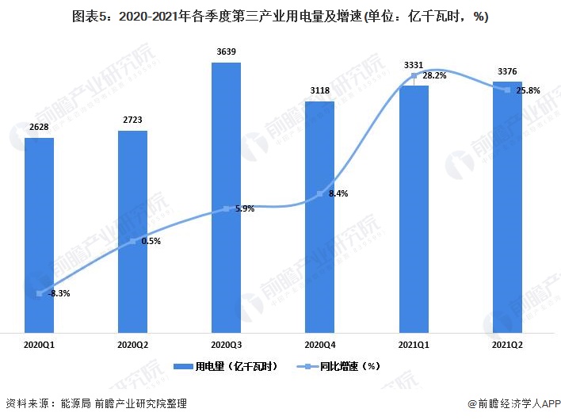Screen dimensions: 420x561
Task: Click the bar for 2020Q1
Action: click(x=39, y=234)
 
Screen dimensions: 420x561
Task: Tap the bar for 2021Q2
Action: click(x=507, y=206)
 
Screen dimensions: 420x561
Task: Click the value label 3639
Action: click(x=226, y=52)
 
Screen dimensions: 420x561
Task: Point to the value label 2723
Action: click(x=132, y=120)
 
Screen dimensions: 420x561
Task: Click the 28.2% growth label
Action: click(x=433, y=76)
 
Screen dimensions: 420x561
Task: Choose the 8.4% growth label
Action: click(x=338, y=193)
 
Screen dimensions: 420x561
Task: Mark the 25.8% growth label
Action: click(x=529, y=90)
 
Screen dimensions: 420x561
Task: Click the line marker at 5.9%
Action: click(x=226, y=208)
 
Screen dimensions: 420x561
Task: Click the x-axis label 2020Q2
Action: click(x=132, y=345)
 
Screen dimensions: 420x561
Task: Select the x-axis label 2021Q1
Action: click(x=413, y=345)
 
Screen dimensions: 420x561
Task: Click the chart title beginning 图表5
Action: click(x=280, y=15)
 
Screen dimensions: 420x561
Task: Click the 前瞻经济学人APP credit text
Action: click(x=511, y=404)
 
